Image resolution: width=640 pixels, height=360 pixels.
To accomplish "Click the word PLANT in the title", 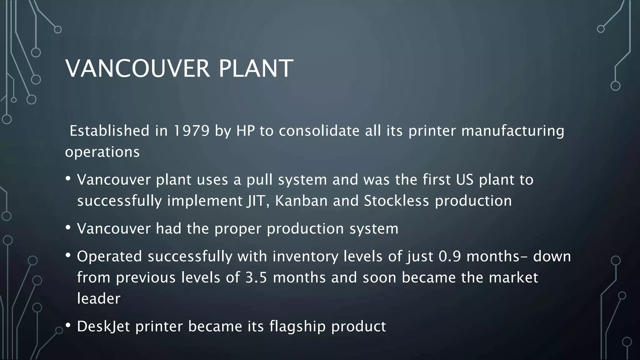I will point(256,68).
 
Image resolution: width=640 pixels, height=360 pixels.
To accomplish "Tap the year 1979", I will point(191,131).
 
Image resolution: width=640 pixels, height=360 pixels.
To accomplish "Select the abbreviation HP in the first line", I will point(245,131).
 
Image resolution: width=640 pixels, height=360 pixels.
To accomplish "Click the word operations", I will point(102,152).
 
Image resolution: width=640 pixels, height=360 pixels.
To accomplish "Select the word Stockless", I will point(396,201).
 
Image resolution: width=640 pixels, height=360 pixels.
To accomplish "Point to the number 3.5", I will point(256,277).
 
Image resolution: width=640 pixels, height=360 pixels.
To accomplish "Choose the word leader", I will point(98,299).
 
